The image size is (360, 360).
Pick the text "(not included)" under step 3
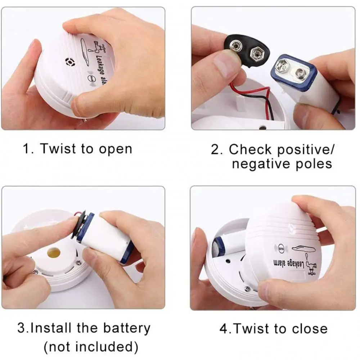point(91,347)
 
